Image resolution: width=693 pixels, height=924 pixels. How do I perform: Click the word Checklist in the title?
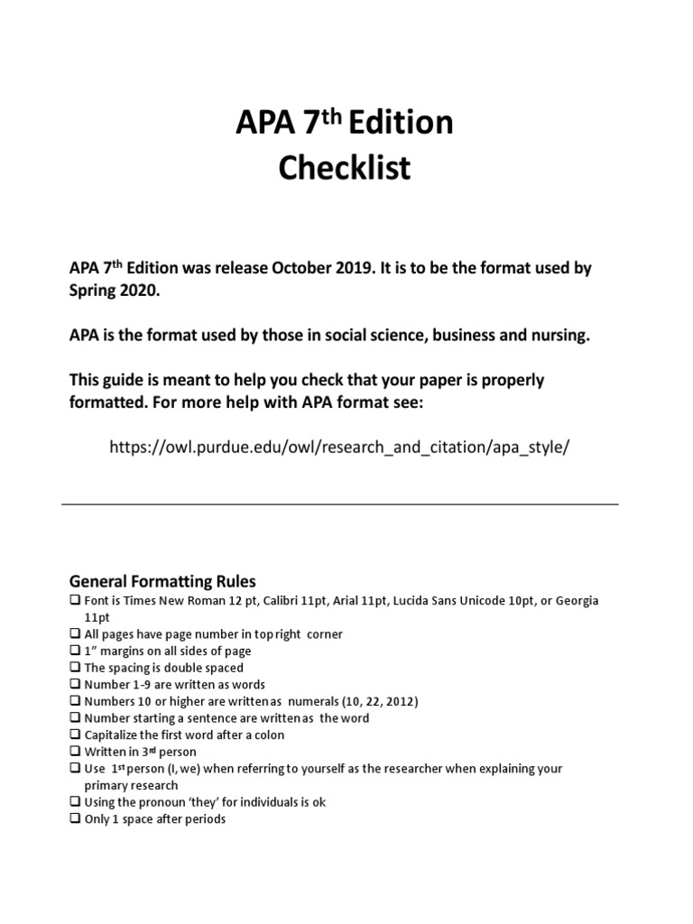click(x=347, y=167)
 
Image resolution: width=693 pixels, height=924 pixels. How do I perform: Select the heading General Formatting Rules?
click(x=163, y=581)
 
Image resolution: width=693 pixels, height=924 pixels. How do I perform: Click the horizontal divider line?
click(x=340, y=504)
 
